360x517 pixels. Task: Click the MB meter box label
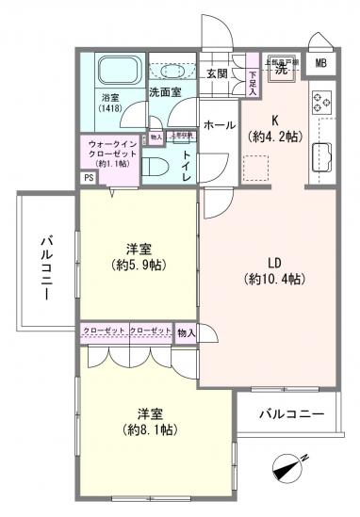click(320, 63)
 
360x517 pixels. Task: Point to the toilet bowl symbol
click(159, 166)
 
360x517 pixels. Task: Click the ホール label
click(219, 124)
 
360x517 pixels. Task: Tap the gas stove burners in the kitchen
click(319, 99)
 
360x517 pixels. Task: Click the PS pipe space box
click(88, 177)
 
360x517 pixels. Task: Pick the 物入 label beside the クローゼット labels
click(187, 331)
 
